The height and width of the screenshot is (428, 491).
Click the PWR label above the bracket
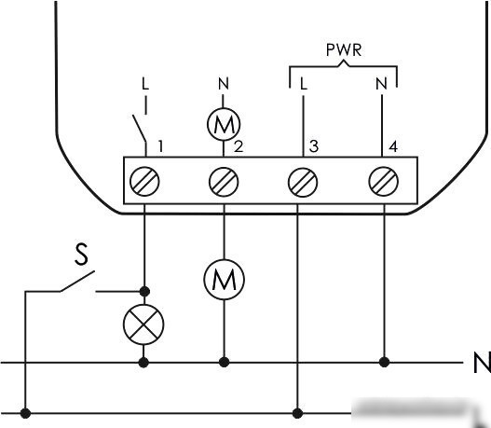pyautogui.click(x=344, y=50)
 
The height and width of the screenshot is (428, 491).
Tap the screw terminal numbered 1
pyautogui.click(x=144, y=182)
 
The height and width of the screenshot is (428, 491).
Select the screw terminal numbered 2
pyautogui.click(x=224, y=182)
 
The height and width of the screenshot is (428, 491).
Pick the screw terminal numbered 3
pyautogui.click(x=303, y=182)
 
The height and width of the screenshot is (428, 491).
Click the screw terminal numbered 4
pyautogui.click(x=384, y=182)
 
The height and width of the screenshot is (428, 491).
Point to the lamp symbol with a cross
pyautogui.click(x=143, y=324)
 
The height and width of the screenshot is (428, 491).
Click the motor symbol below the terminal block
pyautogui.click(x=224, y=280)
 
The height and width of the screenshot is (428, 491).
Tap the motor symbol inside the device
pyautogui.click(x=224, y=124)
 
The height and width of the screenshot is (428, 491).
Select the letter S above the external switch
pyautogui.click(x=82, y=255)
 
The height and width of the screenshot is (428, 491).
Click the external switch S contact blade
pyautogui.click(x=77, y=281)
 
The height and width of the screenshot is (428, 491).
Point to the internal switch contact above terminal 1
pyautogui.click(x=139, y=129)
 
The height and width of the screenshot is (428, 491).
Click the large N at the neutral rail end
pyautogui.click(x=482, y=363)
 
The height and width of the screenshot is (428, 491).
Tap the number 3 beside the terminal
pyautogui.click(x=314, y=146)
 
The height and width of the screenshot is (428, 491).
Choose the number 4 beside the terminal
pyautogui.click(x=393, y=146)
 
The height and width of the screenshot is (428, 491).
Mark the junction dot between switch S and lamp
pyautogui.click(x=144, y=291)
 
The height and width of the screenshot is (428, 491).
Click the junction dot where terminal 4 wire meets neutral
pyautogui.click(x=384, y=362)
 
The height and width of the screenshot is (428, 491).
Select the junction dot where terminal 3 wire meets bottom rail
pyautogui.click(x=297, y=413)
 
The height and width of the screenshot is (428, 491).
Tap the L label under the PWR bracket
pyautogui.click(x=304, y=84)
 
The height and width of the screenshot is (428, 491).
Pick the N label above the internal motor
pyautogui.click(x=224, y=84)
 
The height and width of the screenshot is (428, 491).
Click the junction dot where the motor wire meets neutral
pyautogui.click(x=224, y=362)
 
